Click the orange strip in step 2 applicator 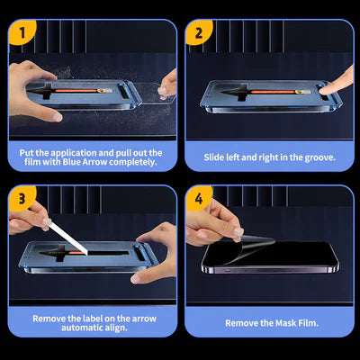[265, 93]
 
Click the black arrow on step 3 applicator [90, 256]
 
